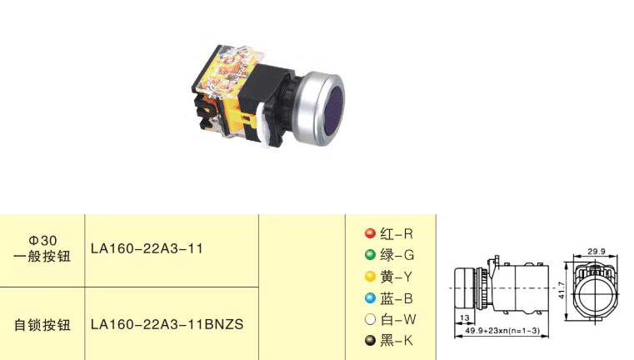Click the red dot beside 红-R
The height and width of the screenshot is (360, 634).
tap(370, 233)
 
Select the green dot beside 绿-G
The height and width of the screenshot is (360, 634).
tap(370, 254)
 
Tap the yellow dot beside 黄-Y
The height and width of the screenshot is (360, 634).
tap(370, 277)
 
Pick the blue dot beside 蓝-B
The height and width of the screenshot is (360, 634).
tap(370, 298)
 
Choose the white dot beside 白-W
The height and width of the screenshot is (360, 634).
tap(370, 319)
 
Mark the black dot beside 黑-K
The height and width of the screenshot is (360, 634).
tap(370, 341)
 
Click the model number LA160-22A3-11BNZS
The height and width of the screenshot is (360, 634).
tap(167, 324)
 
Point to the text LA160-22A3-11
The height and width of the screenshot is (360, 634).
tap(147, 248)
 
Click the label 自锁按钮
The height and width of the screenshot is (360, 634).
tap(42, 325)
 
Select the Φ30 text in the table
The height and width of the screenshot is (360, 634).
tap(42, 241)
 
